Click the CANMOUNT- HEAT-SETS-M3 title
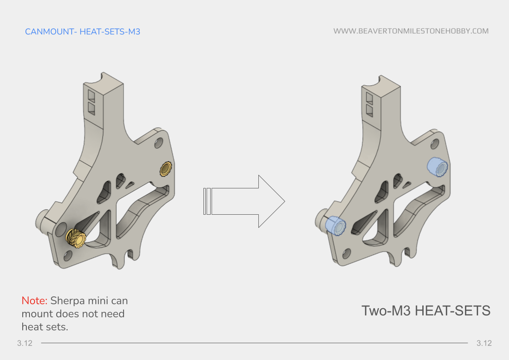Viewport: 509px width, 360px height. [x=82, y=31]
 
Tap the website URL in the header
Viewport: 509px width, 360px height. [x=410, y=31]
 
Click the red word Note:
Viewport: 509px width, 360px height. [x=35, y=301]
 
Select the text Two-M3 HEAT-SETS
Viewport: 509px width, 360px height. [x=425, y=311]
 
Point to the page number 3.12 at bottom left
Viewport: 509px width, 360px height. [x=25, y=343]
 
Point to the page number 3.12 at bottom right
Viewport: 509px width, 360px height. [x=484, y=343]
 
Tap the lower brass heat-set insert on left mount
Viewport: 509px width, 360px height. [x=76, y=237]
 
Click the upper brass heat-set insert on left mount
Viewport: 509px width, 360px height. [x=166, y=169]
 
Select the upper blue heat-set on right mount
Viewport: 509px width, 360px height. [x=437, y=167]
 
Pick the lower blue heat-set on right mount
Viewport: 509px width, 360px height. [x=336, y=225]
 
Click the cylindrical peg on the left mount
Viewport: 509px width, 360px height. [x=44, y=221]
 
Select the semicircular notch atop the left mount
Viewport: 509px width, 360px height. [x=103, y=81]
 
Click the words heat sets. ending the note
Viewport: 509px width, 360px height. [x=45, y=327]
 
